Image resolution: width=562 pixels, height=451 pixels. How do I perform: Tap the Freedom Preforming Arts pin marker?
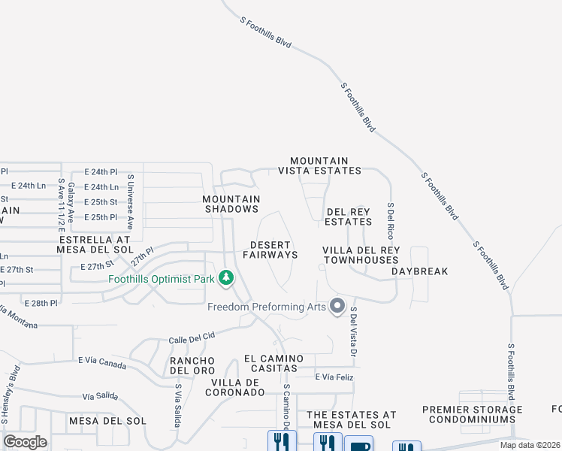tap(337, 306)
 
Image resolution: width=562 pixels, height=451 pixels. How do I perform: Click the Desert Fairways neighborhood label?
tap(273, 250)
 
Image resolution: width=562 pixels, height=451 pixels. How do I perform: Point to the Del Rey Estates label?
tap(348, 216)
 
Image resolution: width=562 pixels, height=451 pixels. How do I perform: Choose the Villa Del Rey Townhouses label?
tap(361, 255)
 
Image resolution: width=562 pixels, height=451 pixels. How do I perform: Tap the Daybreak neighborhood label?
tap(419, 271)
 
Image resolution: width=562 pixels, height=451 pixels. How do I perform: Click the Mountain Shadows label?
tap(231, 204)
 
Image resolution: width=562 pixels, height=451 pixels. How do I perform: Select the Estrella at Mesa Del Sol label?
tap(95, 244)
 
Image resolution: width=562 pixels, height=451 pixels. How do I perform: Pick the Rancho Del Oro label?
tap(192, 365)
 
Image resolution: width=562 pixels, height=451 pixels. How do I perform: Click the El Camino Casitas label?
tap(273, 363)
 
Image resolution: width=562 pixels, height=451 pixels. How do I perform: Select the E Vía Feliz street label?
tap(333, 377)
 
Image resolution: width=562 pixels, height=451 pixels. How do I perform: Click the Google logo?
tap(25, 442)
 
